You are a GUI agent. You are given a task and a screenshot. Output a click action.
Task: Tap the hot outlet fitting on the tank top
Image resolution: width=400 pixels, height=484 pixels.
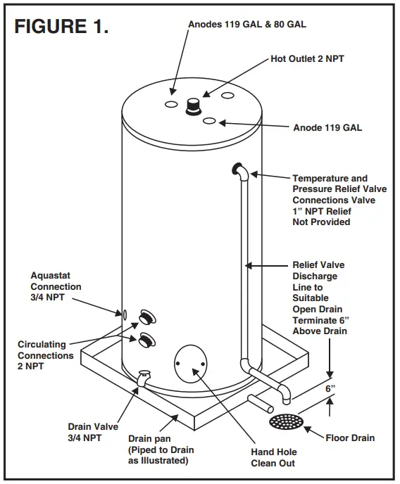tap(192, 106)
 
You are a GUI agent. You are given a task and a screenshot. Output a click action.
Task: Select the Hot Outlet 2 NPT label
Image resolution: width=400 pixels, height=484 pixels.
tap(308, 60)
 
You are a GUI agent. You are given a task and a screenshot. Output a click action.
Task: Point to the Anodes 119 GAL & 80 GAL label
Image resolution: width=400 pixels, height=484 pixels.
tap(247, 25)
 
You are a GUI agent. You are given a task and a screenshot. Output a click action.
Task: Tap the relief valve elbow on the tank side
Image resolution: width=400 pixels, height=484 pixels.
tap(238, 170)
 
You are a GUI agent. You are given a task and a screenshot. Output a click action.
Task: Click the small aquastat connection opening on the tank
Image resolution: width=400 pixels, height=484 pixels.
tap(124, 314)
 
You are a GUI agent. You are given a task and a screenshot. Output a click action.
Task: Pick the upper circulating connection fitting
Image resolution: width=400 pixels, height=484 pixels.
tap(148, 316)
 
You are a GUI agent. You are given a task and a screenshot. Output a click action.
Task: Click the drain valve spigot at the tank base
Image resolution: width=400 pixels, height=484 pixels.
tap(144, 378)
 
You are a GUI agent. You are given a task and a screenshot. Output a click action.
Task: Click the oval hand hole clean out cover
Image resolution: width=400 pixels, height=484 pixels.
tap(190, 364)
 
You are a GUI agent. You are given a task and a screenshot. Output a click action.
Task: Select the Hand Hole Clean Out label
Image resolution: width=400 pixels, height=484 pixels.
tap(274, 457)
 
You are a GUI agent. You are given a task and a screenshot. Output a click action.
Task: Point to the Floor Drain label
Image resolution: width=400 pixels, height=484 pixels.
tap(350, 438)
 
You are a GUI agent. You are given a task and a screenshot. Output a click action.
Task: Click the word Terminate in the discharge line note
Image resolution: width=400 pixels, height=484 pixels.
tap(315, 321)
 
